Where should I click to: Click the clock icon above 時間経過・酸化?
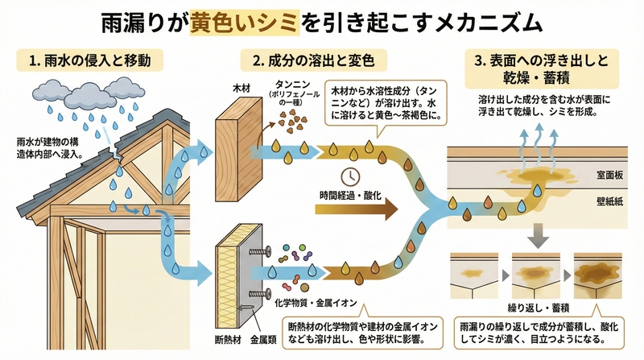[x=349, y=176]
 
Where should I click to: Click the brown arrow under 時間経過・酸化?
[x=358, y=210]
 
